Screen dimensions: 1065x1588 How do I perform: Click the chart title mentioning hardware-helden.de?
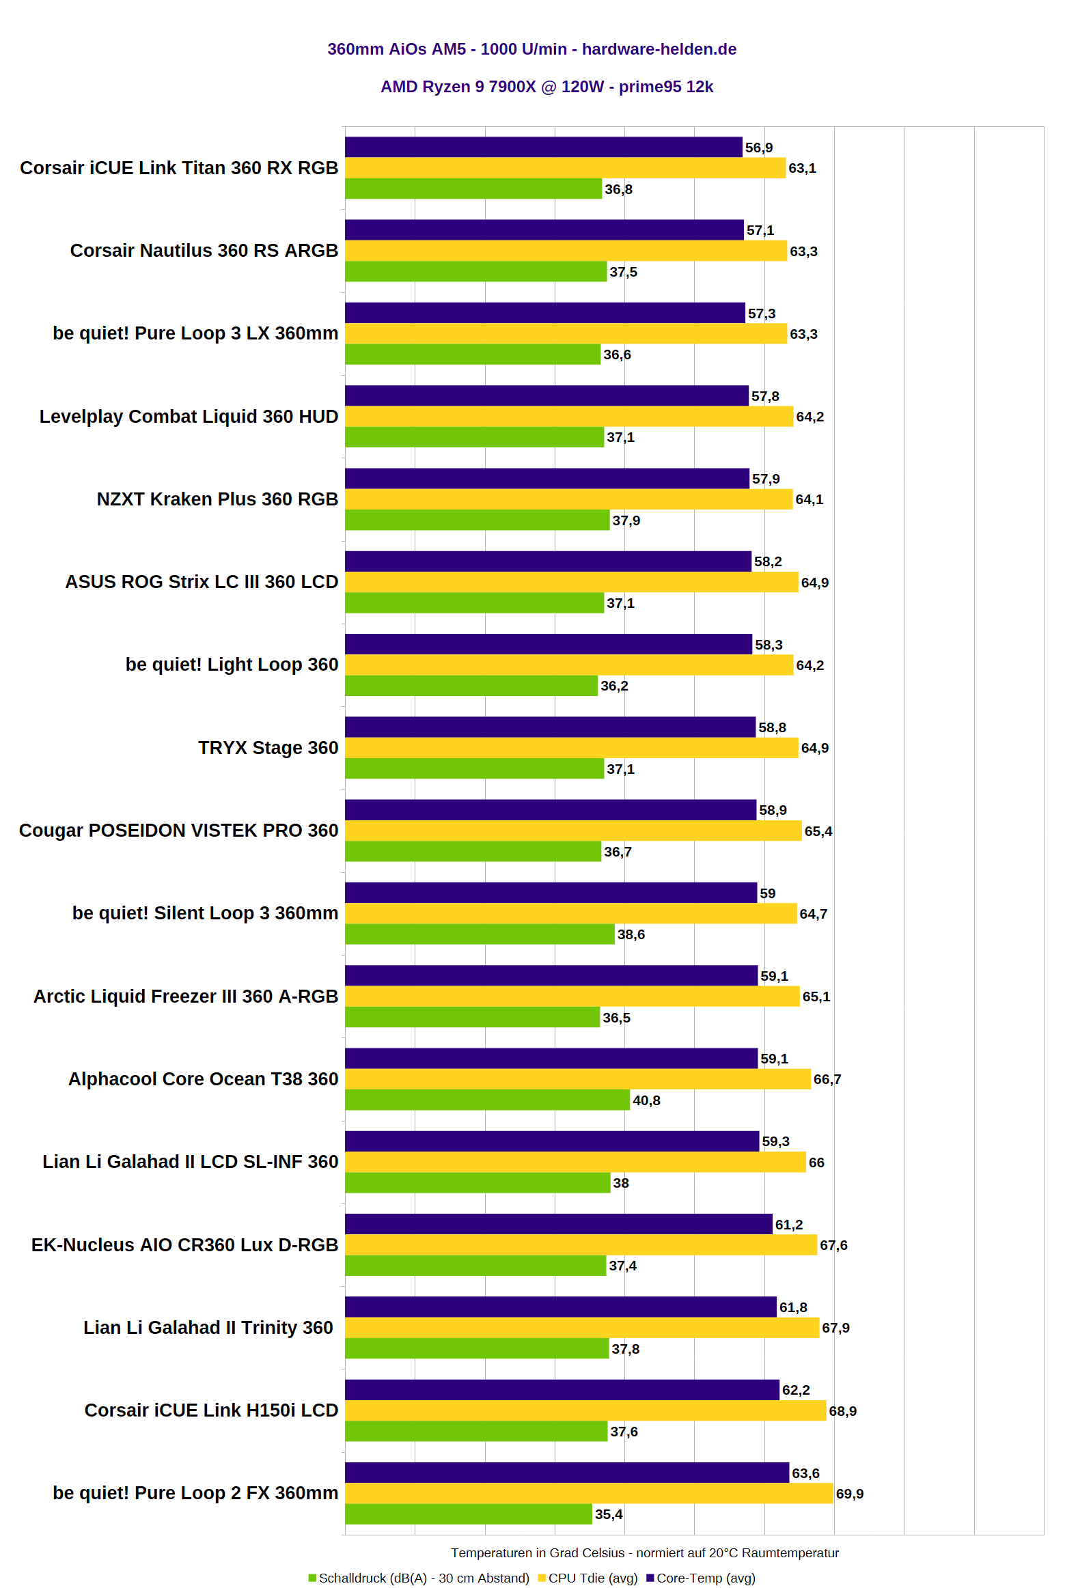click(531, 49)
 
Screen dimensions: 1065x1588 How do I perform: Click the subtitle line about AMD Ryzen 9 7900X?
click(547, 87)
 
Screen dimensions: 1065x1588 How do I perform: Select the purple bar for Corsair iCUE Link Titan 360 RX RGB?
click(543, 147)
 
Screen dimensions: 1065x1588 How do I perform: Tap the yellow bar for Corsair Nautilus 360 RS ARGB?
click(566, 251)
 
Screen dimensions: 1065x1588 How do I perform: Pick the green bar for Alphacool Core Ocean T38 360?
click(487, 1100)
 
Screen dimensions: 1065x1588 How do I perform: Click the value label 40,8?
click(646, 1100)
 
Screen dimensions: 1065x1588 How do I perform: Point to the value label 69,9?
click(850, 1494)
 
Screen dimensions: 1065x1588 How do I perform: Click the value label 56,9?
click(759, 148)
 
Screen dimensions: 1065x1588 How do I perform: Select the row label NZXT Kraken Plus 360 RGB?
click(217, 499)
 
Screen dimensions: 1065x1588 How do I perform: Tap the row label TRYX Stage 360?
click(268, 748)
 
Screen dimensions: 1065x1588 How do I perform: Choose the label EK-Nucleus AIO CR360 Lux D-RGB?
click(184, 1245)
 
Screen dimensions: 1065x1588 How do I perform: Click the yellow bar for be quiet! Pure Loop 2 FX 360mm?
click(589, 1493)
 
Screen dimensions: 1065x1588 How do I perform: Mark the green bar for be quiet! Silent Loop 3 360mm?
click(480, 934)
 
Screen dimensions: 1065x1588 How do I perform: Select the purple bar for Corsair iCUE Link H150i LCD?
click(562, 1389)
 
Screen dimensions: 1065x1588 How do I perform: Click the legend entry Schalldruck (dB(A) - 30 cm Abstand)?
click(419, 1578)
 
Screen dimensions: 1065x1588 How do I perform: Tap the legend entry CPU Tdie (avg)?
click(587, 1578)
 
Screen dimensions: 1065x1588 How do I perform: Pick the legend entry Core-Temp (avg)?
click(701, 1578)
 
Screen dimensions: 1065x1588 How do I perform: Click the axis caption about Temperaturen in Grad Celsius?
click(645, 1552)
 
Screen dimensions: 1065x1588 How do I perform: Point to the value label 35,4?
click(609, 1514)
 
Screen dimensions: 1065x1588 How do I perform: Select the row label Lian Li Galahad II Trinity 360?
click(208, 1328)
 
